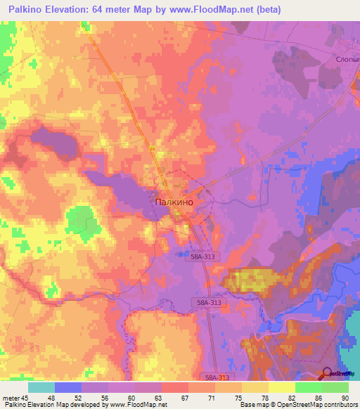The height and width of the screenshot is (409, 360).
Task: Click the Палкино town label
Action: pos(173,200)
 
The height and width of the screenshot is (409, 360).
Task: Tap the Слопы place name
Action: pos(343,60)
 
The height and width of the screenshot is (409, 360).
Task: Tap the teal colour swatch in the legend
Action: pos(41,387)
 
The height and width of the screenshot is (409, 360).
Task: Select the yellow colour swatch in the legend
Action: pos(281,387)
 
